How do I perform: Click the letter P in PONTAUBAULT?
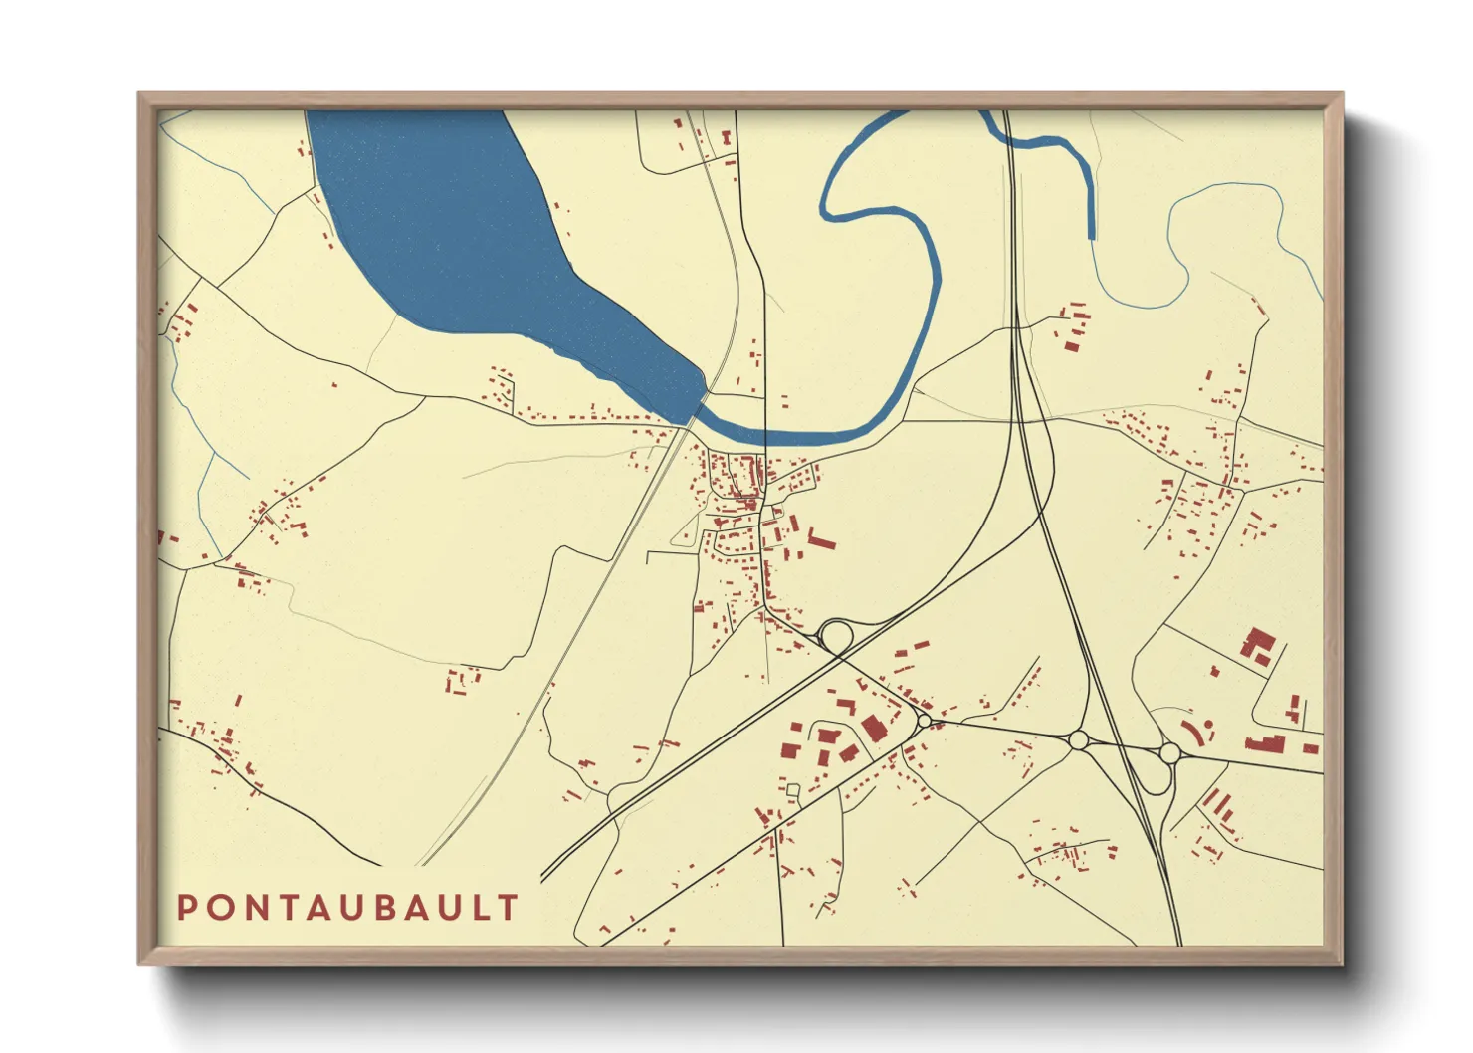point(186,908)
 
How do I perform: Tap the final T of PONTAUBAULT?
point(510,908)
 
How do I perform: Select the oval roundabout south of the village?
point(836,635)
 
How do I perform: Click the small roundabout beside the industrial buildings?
point(925,720)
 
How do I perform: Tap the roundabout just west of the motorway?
point(1078,739)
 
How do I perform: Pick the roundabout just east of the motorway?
point(1170,752)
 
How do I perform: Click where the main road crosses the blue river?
point(764,435)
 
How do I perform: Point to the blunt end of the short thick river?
point(1092,236)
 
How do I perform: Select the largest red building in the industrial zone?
point(873,729)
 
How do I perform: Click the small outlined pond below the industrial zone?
point(793,790)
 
